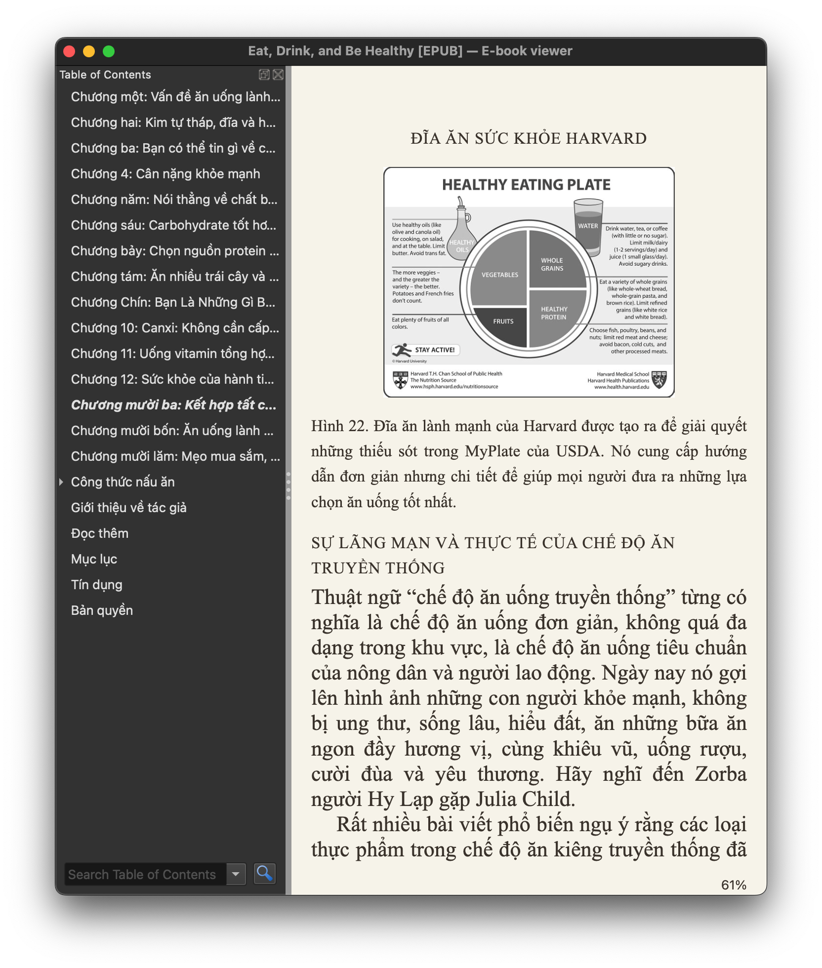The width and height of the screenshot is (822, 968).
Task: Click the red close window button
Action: point(69,51)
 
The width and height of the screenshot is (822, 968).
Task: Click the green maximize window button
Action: point(109,51)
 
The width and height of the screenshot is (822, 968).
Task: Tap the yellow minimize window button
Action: point(89,51)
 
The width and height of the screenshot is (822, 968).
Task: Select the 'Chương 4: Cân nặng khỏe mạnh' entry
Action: point(165,174)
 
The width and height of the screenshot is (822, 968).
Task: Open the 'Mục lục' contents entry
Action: point(94,559)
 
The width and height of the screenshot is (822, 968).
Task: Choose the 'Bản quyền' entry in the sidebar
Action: point(102,610)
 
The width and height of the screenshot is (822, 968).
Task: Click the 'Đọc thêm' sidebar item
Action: point(100,533)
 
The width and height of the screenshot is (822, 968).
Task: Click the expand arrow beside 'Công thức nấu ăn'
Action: point(61,482)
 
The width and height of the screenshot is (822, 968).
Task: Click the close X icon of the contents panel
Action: point(278,75)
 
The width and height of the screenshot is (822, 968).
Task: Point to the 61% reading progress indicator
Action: point(734,885)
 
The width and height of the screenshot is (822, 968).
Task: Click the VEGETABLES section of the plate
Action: point(499,275)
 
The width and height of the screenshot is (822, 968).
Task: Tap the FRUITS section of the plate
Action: point(503,322)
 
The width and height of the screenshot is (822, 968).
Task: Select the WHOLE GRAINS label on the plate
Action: point(552,264)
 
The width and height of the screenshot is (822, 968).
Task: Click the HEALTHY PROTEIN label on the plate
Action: point(554,313)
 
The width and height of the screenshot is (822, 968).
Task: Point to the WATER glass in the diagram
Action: point(588,225)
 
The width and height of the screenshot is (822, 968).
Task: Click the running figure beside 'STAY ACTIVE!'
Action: point(402,350)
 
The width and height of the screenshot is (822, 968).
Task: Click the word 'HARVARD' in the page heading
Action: point(606,138)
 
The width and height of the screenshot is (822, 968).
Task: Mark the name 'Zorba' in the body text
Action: point(721,774)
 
